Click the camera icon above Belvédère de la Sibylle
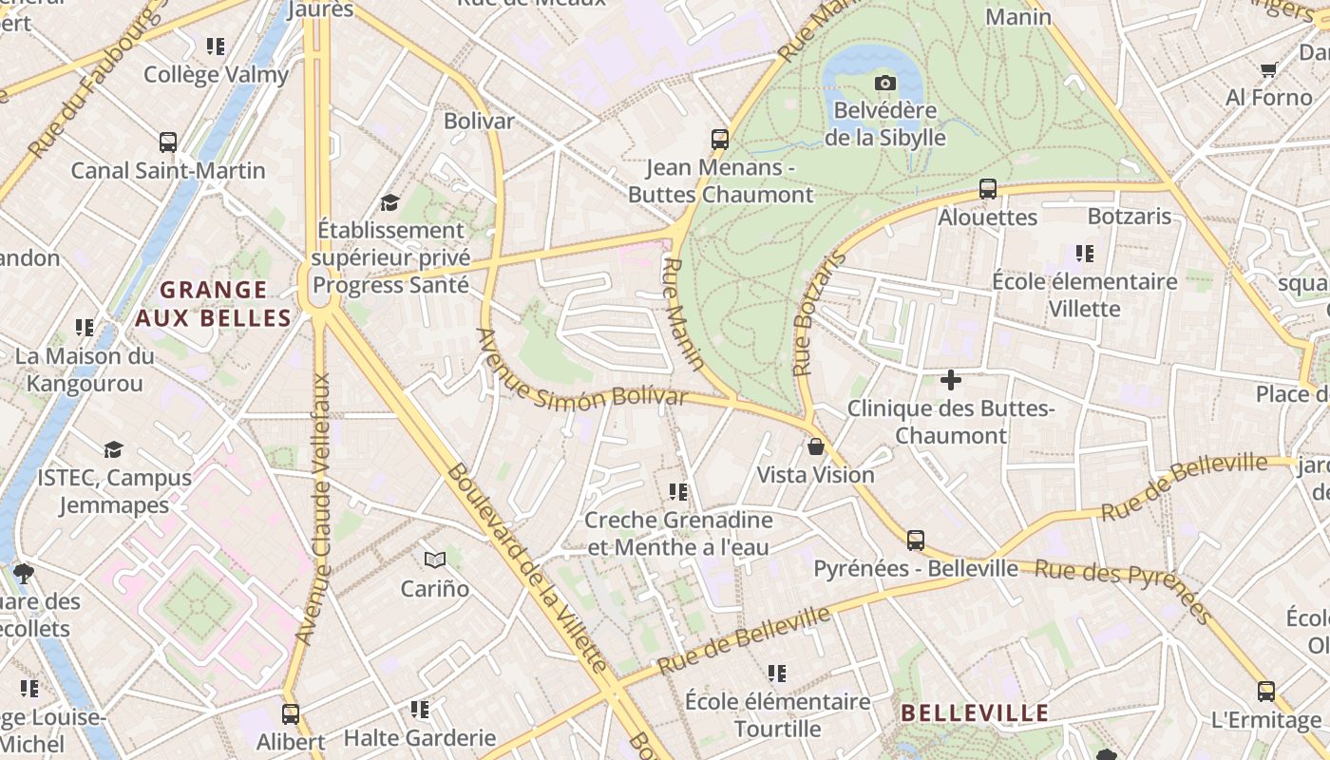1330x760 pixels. coord(884,84)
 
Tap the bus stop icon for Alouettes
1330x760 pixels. coord(988,189)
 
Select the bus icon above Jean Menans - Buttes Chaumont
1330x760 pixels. coord(720,140)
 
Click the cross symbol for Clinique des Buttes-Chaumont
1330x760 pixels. coord(950,381)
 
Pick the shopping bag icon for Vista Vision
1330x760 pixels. coord(815,446)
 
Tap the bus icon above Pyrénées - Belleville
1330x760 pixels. coord(916,541)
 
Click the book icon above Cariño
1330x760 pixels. coord(435,560)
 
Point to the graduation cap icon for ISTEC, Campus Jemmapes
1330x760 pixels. coord(114,449)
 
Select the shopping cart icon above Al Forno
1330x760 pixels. coord(1268,69)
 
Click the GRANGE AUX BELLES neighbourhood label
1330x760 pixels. coord(213,304)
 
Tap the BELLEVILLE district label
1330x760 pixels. coord(975,713)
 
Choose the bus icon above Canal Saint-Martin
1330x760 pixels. coord(168,143)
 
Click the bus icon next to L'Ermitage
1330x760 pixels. coord(1266,692)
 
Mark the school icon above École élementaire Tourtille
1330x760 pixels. coord(777,674)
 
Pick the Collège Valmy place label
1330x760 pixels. coord(216,74)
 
